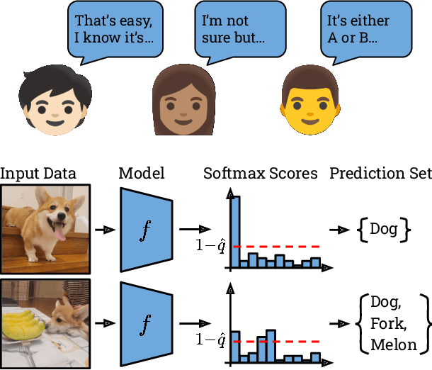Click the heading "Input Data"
click(38, 173)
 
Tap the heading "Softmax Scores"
click(261, 173)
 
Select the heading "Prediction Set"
click(380, 173)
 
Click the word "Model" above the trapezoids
click(142, 173)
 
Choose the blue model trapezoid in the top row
click(146, 229)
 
